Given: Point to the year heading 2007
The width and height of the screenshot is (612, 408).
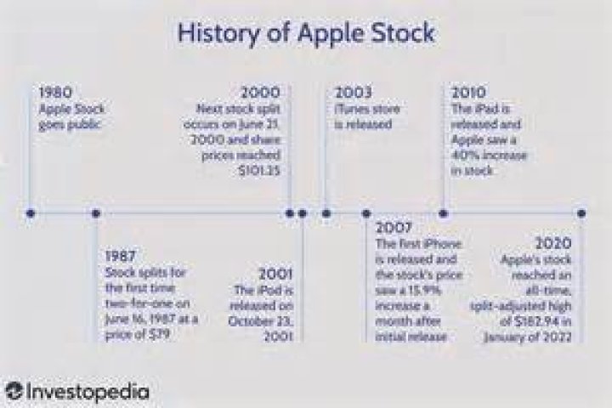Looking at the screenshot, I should [394, 228].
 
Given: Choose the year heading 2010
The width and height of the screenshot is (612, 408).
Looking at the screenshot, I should [469, 92].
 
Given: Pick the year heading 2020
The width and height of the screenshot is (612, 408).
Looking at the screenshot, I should [553, 241].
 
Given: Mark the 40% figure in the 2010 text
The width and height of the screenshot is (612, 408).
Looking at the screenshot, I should [469, 156].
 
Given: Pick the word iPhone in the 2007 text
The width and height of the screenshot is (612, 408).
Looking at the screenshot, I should [440, 244].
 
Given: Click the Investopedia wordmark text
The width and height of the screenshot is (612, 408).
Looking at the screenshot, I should [88, 392].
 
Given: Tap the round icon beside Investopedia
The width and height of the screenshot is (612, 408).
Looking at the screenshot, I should [13, 392].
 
